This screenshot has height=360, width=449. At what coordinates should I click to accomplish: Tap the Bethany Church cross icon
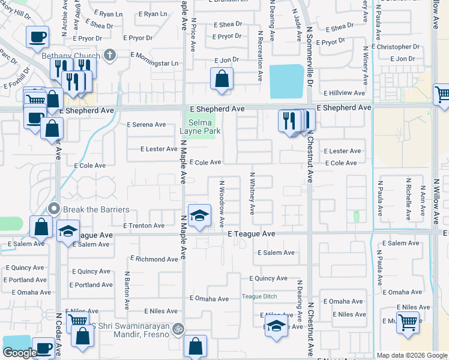tap(109, 55)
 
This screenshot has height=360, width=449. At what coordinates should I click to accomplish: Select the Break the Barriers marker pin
tap(53, 209)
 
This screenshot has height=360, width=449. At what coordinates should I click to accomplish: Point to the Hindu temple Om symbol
tap(176, 328)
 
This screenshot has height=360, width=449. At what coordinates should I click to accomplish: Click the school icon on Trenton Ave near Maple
tap(199, 215)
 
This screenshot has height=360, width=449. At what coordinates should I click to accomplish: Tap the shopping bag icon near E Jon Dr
tap(221, 78)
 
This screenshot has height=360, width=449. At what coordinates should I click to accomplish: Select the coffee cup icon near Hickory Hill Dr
tap(37, 37)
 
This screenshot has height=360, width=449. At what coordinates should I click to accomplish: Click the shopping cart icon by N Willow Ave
tap(442, 94)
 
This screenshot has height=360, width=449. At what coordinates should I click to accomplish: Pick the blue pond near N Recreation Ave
tap(287, 82)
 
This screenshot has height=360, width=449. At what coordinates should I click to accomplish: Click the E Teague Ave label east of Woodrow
tap(252, 233)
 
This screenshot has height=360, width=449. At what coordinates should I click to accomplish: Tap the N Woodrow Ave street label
tap(221, 203)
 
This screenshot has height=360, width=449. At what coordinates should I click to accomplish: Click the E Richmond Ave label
tap(154, 259)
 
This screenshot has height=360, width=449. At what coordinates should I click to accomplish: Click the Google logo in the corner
tap(20, 352)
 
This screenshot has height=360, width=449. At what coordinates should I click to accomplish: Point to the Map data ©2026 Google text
tap(412, 355)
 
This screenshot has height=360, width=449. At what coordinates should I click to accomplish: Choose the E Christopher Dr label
tap(396, 47)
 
